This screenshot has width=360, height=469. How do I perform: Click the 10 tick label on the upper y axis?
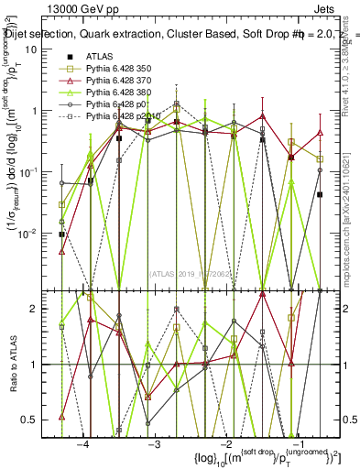[x=43, y=49]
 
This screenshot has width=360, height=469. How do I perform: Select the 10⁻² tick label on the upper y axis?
[x=41, y=233]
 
